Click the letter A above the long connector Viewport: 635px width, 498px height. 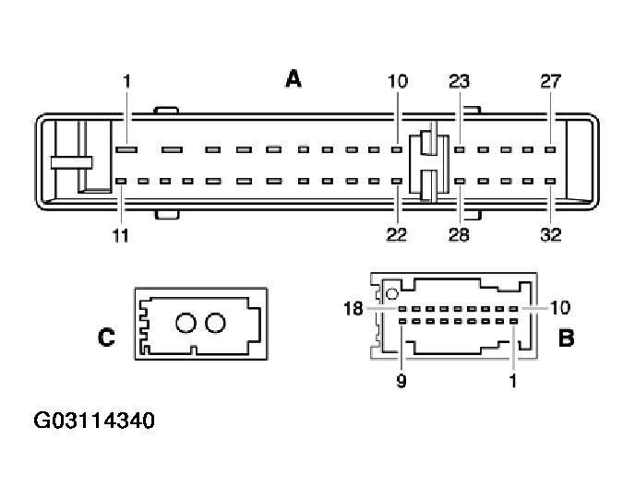coord(294,79)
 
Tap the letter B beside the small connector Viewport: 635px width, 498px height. coord(566,338)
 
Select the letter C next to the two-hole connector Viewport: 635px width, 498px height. coord(106,337)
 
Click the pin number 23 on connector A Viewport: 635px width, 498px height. coord(460,81)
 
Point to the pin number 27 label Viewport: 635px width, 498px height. coord(550,81)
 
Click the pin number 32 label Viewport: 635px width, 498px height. coord(551,234)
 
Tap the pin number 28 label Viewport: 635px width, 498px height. coord(459,234)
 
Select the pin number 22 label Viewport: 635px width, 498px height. coord(397,234)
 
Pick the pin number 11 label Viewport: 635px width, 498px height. coord(120,235)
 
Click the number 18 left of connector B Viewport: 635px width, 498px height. coord(353,309)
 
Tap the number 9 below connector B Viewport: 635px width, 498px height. coord(401,381)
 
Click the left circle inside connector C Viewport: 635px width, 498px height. coord(186,323)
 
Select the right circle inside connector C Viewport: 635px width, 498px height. coord(215,323)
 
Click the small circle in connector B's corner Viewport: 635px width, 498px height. coord(392,293)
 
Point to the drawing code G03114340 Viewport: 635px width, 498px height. coord(94,421)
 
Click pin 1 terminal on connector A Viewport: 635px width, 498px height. coord(126,149)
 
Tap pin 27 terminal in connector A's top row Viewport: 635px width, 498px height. coord(550,149)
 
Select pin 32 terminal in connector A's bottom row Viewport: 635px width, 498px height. coord(550,181)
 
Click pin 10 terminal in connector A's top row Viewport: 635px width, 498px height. coord(397,149)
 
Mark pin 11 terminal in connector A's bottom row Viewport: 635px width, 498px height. coord(121,181)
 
